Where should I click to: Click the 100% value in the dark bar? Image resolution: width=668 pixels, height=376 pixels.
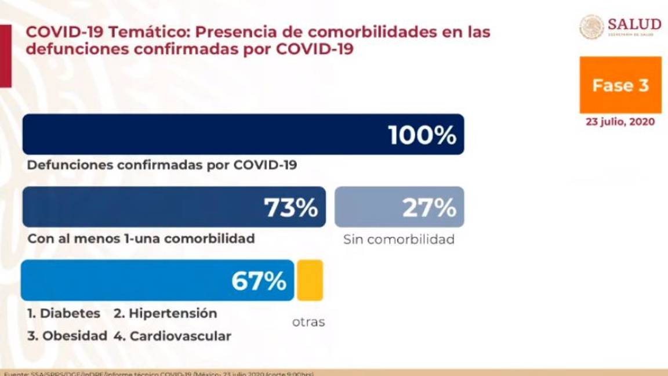click(x=422, y=135)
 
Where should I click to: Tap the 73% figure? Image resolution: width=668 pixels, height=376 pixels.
click(x=291, y=207)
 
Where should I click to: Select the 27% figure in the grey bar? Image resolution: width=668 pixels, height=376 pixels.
click(x=429, y=207)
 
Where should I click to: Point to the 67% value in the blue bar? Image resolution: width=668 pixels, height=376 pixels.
click(x=259, y=281)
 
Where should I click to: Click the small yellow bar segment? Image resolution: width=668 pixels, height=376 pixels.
click(x=310, y=280)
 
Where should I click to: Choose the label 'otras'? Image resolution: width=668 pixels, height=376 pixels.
click(x=308, y=322)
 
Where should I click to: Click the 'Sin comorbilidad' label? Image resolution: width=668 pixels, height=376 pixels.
click(x=399, y=239)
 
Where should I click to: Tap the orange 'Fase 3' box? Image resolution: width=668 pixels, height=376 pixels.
click(x=620, y=85)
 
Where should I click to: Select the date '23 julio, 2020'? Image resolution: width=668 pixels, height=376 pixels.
click(x=620, y=122)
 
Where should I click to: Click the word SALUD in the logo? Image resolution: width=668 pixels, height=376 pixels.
click(x=634, y=24)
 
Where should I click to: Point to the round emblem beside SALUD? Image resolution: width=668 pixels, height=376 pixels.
click(x=591, y=27)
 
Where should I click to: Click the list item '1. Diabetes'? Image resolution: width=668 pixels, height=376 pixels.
click(x=64, y=313)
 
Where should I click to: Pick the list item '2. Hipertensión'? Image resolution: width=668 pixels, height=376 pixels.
click(x=165, y=313)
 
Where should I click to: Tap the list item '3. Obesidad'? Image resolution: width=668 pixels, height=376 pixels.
click(x=67, y=336)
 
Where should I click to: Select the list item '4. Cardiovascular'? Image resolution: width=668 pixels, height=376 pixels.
click(x=173, y=336)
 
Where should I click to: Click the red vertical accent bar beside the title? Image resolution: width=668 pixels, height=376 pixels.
click(x=5, y=56)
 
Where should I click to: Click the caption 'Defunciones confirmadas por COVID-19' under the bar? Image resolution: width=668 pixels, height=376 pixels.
click(x=162, y=165)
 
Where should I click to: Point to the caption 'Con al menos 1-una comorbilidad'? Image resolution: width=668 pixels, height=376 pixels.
click(x=141, y=238)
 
